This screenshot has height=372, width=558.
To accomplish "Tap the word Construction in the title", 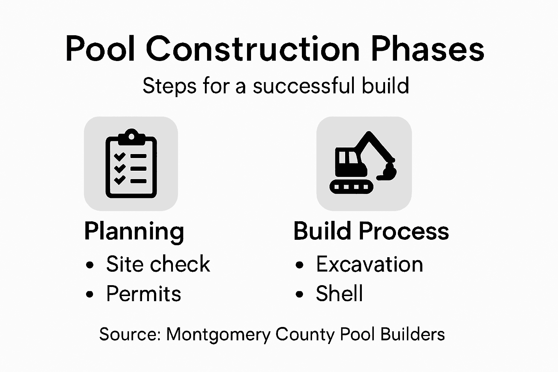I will pos(253,49).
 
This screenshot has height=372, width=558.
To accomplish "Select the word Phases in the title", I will pos(427,49).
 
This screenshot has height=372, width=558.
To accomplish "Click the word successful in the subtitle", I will pos(304,86).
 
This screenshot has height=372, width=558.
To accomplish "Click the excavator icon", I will pos(364,163).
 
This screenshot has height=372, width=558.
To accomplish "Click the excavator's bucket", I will pos(388,173).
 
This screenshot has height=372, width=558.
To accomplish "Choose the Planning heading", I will pos(134,231).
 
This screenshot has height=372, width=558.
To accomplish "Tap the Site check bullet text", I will pos(158,264).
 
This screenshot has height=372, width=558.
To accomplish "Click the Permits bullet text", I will pos(143,294).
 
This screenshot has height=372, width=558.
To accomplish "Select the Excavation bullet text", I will pos(369,264).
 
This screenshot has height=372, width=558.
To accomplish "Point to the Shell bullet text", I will pos(339,294).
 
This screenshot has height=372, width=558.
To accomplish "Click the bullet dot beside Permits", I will pos(89,294).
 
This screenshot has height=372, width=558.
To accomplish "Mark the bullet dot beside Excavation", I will pos(299,265).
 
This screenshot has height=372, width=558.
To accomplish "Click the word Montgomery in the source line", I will pos(218,334).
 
